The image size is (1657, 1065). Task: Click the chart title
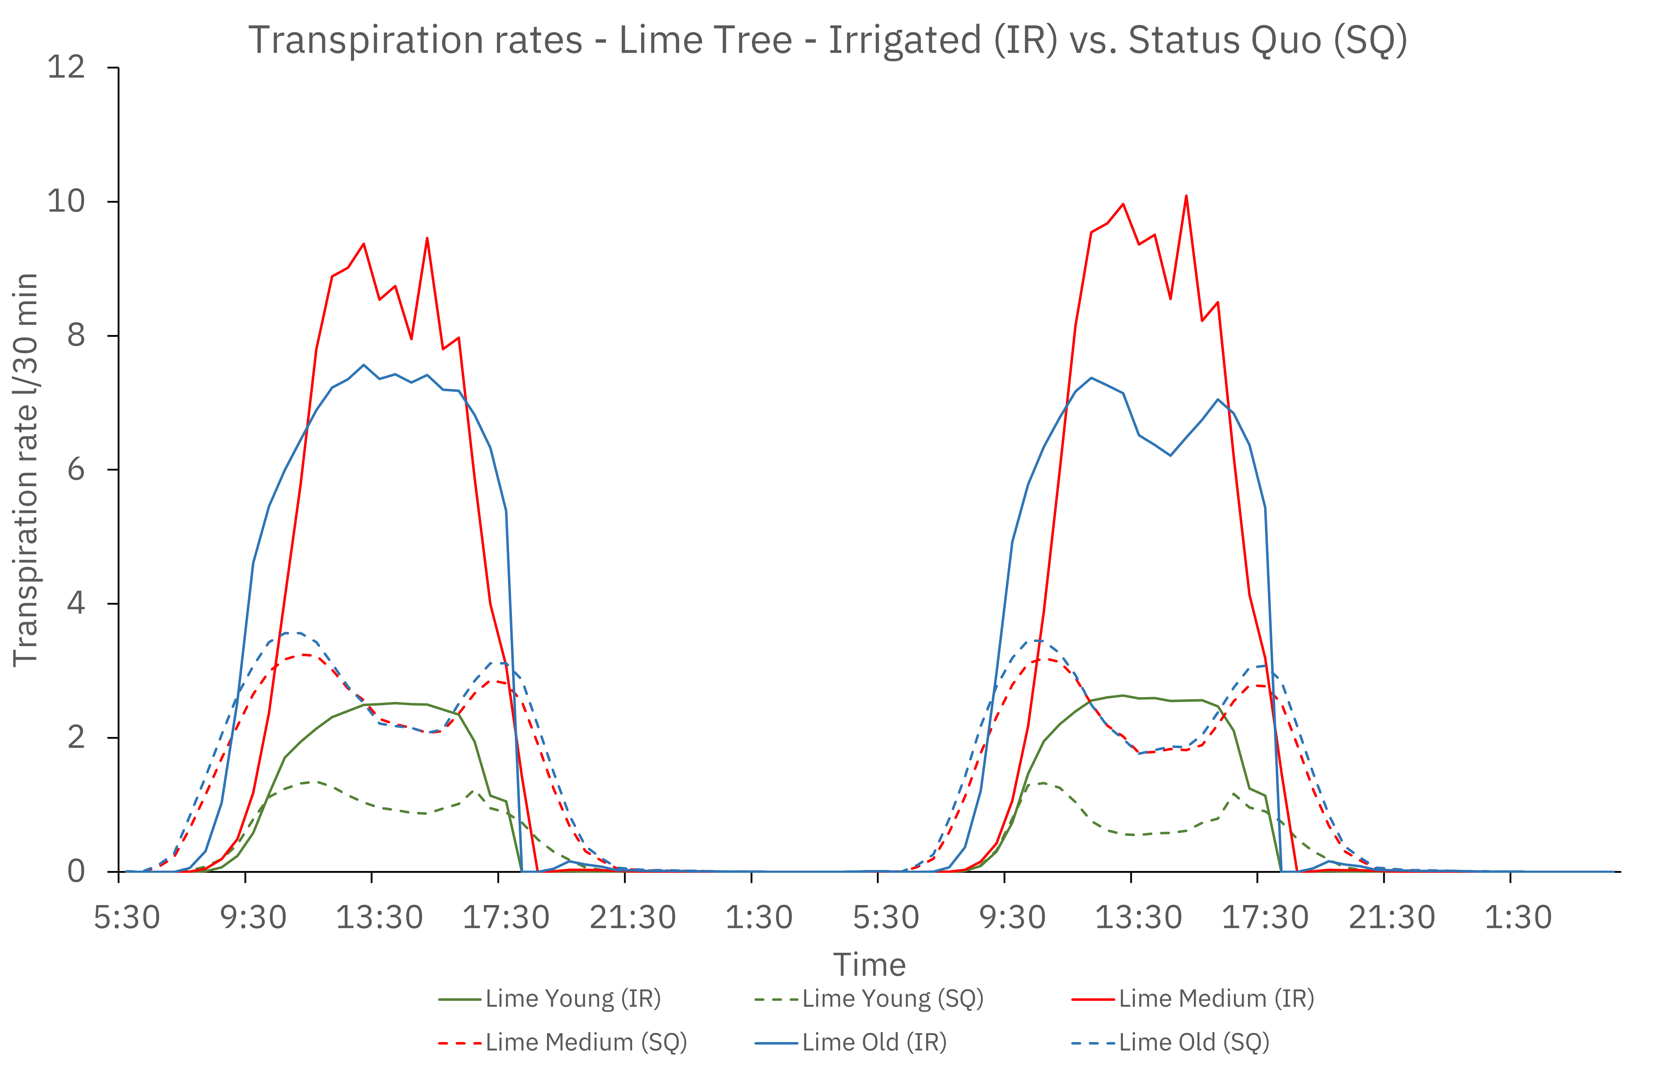(828, 40)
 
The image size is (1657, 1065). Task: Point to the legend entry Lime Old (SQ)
(1194, 1042)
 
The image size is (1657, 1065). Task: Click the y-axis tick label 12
(66, 67)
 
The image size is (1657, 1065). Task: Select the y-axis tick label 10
(66, 201)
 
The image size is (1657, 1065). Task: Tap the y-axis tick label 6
(76, 470)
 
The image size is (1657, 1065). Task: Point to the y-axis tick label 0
(76, 871)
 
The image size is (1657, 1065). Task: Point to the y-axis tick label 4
(76, 603)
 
